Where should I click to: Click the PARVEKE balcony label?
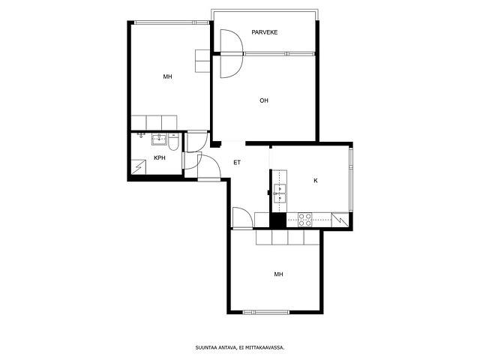[265, 32]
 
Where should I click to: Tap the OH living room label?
[264, 100]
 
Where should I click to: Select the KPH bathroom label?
[160, 158]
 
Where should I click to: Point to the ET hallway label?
[237, 163]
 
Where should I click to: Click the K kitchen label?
[316, 181]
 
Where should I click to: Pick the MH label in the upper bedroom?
[167, 76]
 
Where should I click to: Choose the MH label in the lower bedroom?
[278, 274]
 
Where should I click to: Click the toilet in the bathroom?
[173, 142]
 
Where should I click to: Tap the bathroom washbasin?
[158, 139]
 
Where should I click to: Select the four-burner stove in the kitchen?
[305, 220]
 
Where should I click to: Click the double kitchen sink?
[280, 193]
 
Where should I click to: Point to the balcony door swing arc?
[232, 53]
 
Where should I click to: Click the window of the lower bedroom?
[266, 312]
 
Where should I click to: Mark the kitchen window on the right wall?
[351, 179]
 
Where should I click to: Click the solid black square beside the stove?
[277, 220]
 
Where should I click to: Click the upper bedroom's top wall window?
[172, 22]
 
